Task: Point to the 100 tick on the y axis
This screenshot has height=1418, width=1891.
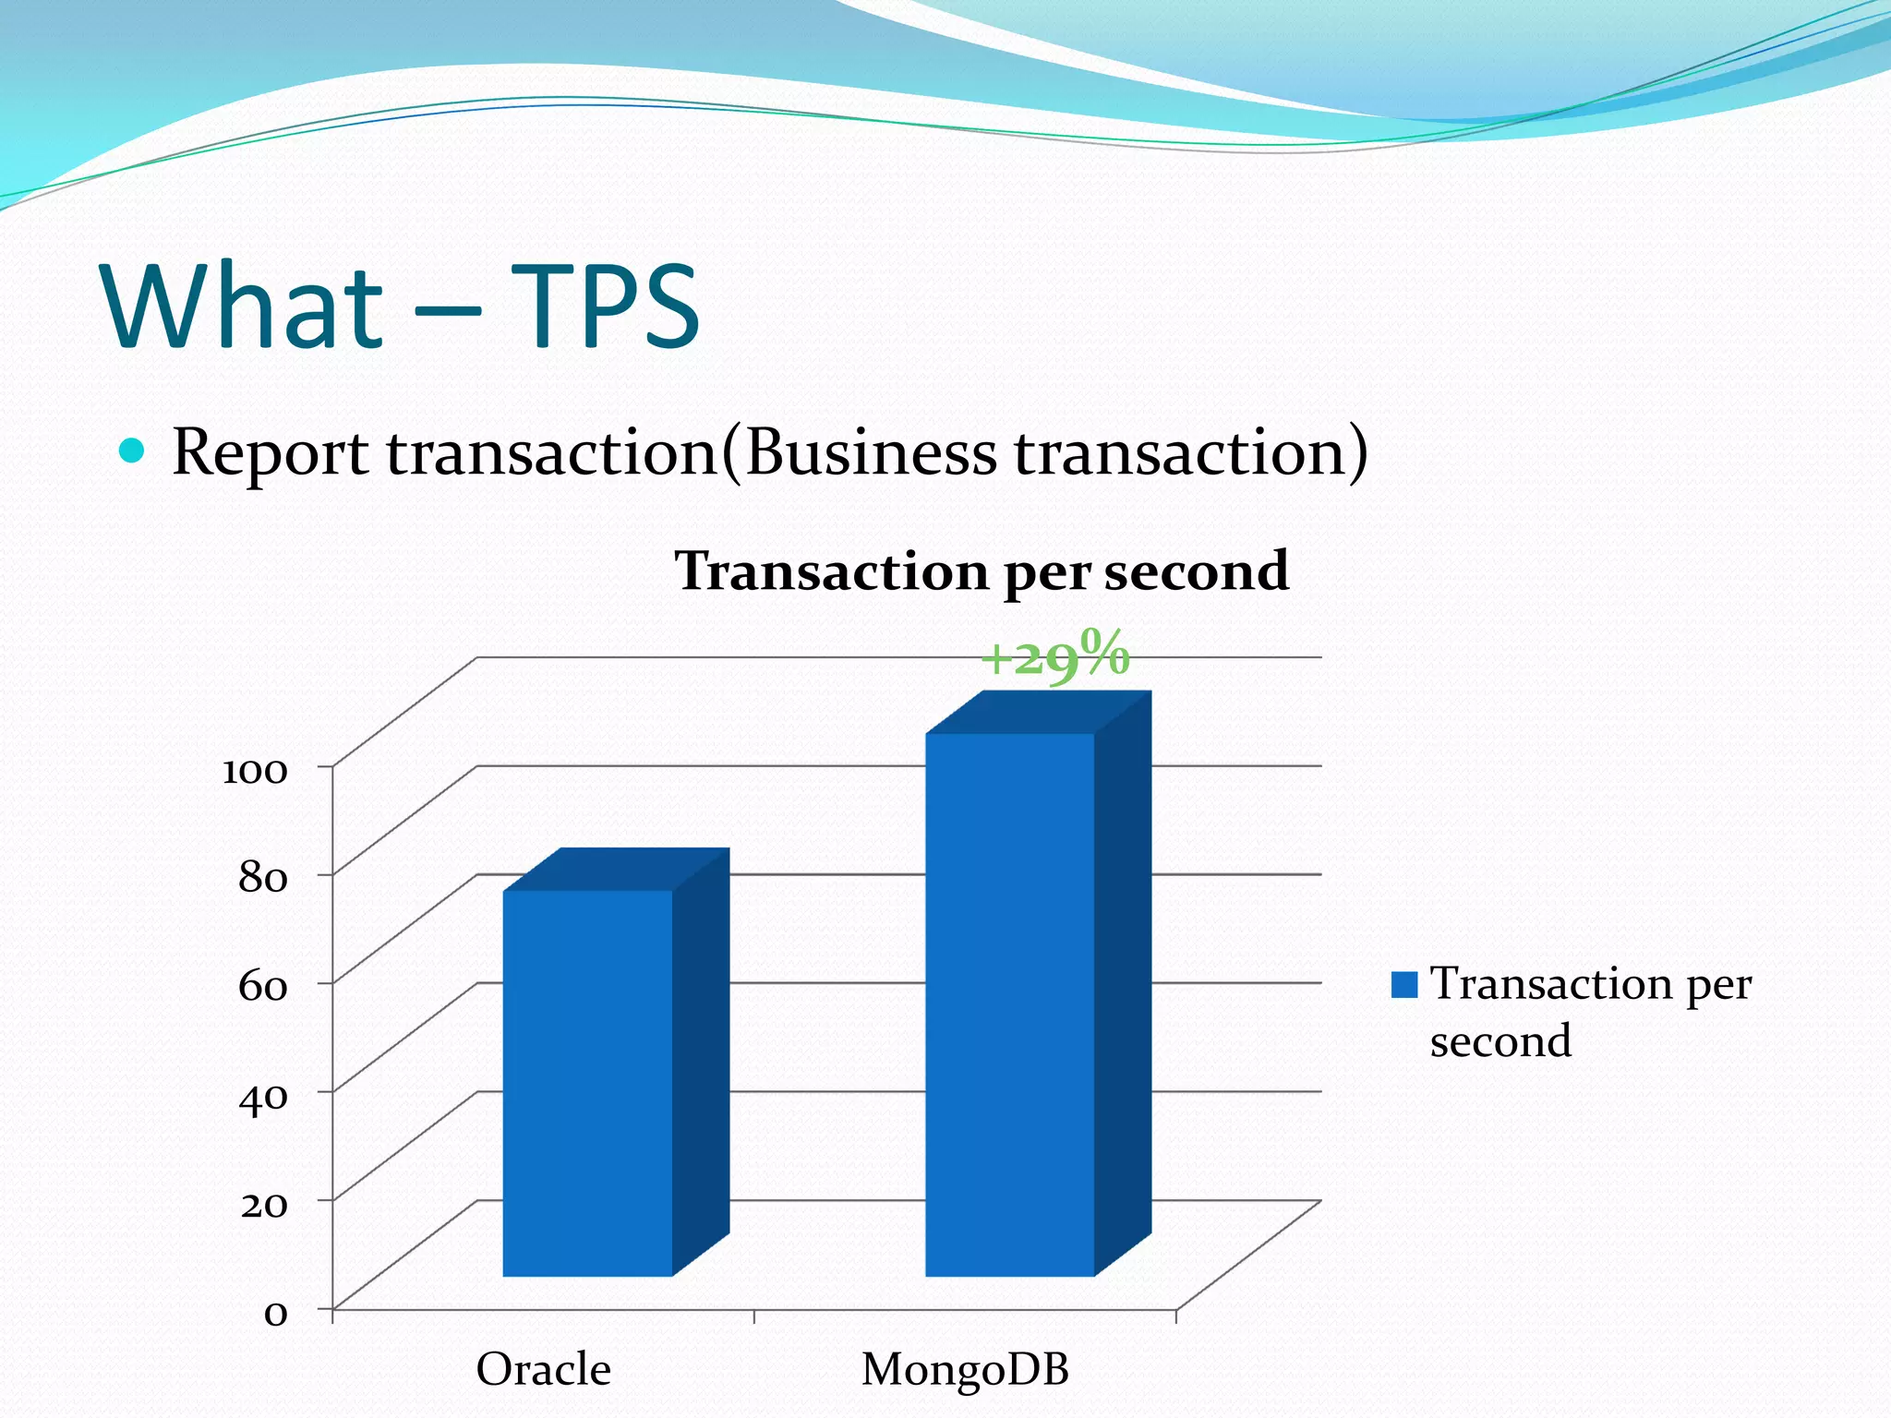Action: (x=255, y=770)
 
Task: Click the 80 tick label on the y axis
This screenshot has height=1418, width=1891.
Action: (x=263, y=878)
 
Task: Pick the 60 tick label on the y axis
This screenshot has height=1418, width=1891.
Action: (x=263, y=987)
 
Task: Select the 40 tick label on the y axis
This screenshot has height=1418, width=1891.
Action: (x=263, y=1096)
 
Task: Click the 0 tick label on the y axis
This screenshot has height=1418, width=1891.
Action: (x=275, y=1313)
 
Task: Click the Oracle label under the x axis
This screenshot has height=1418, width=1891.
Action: (x=543, y=1369)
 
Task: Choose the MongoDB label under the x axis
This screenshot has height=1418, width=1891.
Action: (x=965, y=1369)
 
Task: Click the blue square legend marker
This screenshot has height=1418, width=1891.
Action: (x=1404, y=985)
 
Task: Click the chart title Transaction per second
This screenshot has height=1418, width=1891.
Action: (x=982, y=571)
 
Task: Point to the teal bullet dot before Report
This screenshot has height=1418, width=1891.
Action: (x=132, y=451)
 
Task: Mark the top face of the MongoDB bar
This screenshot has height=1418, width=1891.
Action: (x=1040, y=714)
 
